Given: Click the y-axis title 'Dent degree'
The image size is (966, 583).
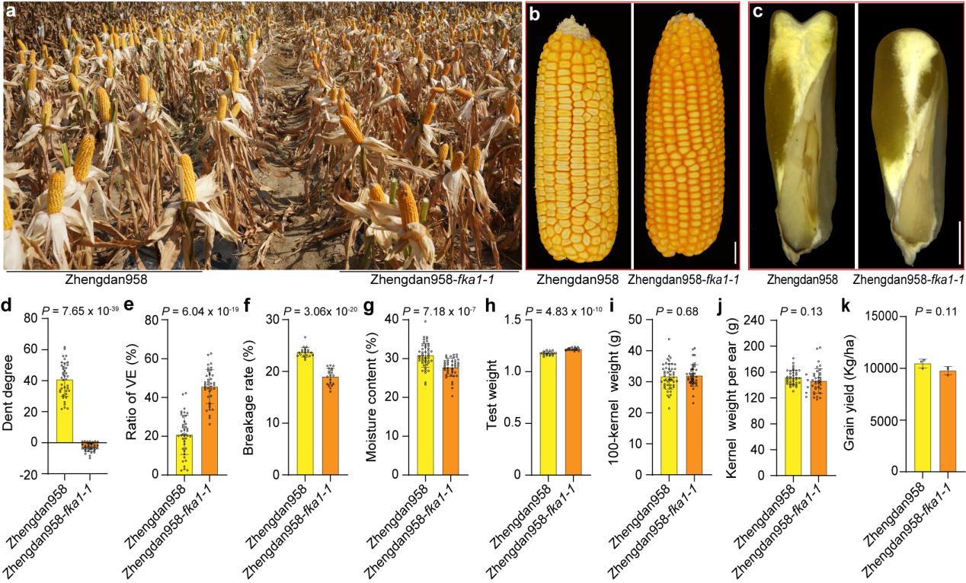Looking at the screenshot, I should (11, 396).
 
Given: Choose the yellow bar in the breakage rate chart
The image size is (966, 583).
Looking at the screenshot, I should (305, 412).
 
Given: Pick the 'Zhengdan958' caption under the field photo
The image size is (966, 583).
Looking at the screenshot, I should (105, 279).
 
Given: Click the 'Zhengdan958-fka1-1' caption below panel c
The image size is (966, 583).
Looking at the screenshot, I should (908, 280).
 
